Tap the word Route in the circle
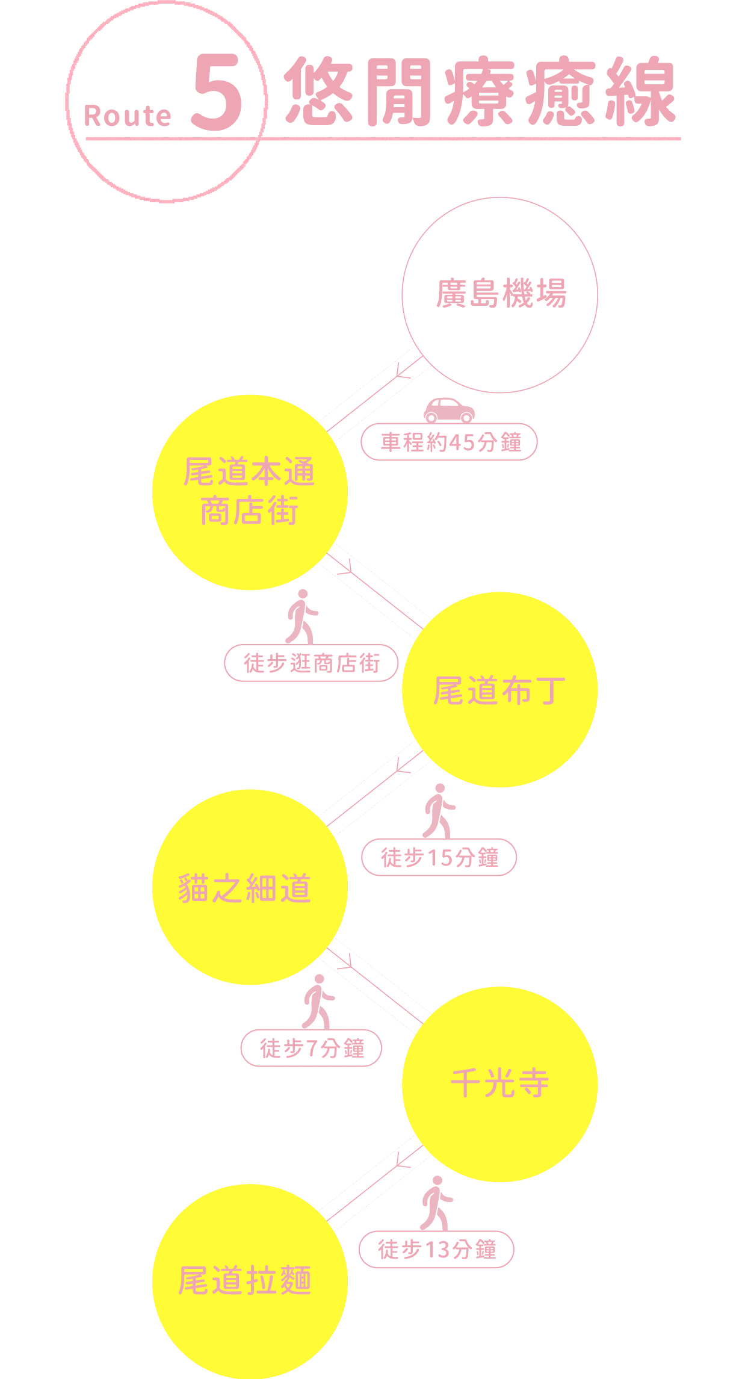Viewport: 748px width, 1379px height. [128, 116]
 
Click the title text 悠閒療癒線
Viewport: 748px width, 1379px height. [481, 91]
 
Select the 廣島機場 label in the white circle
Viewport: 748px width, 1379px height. [501, 294]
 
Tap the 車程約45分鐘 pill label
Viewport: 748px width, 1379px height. [449, 442]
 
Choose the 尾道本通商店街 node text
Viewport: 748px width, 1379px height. [249, 491]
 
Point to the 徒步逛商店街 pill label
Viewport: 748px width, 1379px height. [311, 663]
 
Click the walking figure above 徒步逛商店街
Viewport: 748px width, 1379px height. [301, 616]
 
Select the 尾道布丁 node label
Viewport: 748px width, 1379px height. [499, 690]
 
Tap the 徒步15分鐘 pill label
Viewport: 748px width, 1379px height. [439, 857]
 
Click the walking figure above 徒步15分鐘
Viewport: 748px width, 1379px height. [438, 810]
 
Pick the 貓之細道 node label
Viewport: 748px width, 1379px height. [245, 888]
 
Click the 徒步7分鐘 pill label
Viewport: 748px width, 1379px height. [311, 1048]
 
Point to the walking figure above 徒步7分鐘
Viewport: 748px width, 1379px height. [318, 1002]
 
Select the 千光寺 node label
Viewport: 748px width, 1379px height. [499, 1083]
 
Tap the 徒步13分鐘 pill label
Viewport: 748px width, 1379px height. [436, 1250]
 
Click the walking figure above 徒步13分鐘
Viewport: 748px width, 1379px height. [436, 1203]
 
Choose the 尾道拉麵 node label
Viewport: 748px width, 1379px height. [245, 1280]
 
